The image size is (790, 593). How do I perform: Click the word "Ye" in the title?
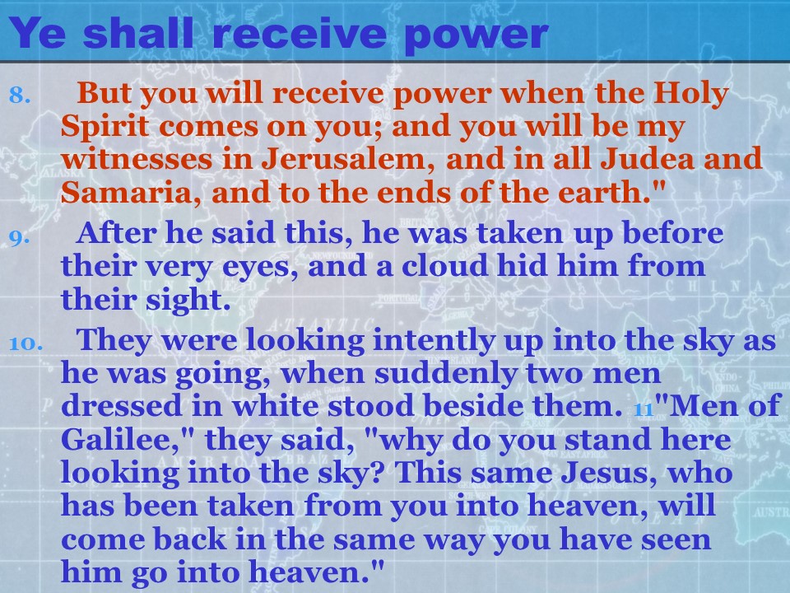tap(37, 33)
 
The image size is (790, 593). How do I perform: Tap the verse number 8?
tap(20, 95)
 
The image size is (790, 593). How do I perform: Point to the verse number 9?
tap(20, 236)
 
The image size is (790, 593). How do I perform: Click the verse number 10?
tap(26, 343)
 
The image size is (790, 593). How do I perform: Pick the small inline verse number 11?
tap(644, 409)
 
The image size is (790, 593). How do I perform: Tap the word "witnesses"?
tap(137, 158)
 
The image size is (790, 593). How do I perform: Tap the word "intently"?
tap(434, 340)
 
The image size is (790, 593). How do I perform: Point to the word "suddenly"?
tap(446, 374)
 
